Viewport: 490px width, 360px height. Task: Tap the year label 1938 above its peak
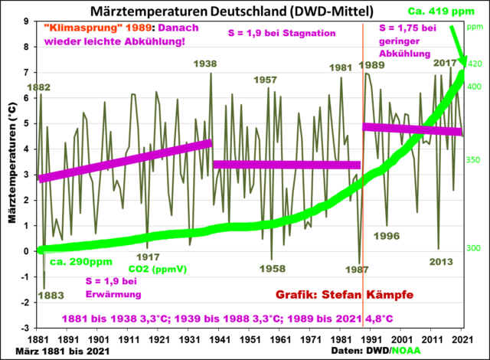pos(205,64)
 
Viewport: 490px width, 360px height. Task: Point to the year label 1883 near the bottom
pos(51,295)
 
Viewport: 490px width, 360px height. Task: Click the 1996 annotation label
pos(387,236)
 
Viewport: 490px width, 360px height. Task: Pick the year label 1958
pos(272,269)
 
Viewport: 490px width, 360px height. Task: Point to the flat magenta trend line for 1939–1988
pos(286,165)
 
